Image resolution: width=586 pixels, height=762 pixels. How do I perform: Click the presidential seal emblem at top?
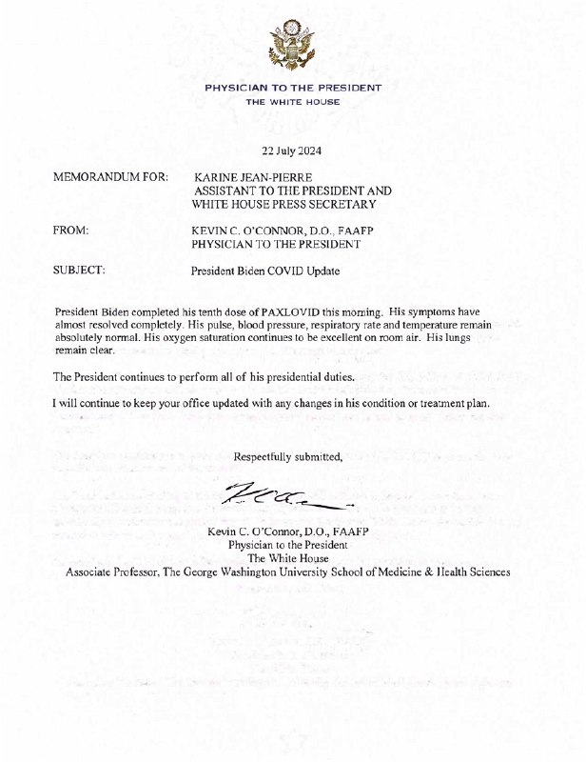point(292,45)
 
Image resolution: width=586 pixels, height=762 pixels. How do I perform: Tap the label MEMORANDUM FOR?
point(112,178)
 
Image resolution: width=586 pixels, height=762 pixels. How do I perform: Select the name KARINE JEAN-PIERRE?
point(251,178)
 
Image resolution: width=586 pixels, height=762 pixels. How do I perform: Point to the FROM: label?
point(72,231)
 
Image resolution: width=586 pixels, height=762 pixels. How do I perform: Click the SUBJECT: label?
point(80,271)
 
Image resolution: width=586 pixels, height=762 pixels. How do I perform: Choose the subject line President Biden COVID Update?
point(265,271)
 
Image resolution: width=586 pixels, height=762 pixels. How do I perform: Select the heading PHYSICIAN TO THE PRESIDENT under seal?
point(293,88)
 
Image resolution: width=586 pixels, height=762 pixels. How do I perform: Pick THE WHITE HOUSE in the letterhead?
point(292,101)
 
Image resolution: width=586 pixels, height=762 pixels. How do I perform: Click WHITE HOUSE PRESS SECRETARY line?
point(283,204)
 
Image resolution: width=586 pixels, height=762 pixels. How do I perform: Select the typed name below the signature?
point(287,519)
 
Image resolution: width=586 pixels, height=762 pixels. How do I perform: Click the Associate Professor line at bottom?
point(287,572)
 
